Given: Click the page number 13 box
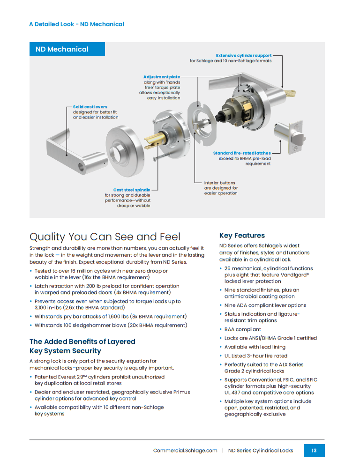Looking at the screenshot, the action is point(314,450).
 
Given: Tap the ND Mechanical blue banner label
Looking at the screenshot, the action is point(67,49).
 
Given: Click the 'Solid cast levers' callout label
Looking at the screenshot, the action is point(90,107).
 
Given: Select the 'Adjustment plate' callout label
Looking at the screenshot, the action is point(162,77).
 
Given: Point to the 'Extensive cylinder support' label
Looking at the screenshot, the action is point(244,55).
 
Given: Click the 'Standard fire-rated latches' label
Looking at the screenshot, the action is point(242,153).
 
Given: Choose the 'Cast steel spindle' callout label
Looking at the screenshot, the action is point(132,190).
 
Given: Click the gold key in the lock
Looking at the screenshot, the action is point(289,93).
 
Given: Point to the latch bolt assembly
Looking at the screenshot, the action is point(289,137).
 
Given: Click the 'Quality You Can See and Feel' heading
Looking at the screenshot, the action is point(105,237).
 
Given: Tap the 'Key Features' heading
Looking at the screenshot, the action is point(242,235).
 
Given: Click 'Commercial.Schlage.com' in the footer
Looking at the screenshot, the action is point(185,451).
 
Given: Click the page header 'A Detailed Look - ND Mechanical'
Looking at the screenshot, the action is point(77,24).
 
